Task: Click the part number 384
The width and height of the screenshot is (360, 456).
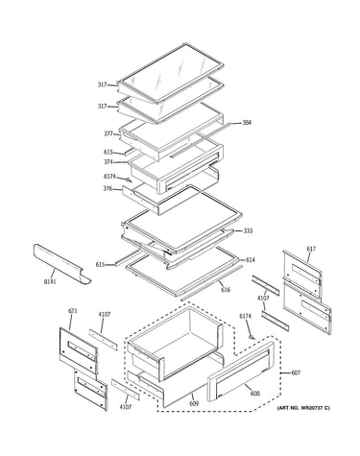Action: [247, 122]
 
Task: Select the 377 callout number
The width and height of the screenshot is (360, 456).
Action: [108, 133]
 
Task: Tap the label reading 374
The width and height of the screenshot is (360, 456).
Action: [108, 162]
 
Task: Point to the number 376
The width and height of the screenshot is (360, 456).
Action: [108, 189]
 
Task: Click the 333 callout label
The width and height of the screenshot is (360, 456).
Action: [248, 230]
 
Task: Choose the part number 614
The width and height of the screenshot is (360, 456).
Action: [251, 260]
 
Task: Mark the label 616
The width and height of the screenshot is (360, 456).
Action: [226, 290]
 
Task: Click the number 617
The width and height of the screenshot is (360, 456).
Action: [311, 249]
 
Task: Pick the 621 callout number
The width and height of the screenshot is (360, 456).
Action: [73, 311]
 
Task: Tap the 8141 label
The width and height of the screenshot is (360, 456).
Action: [50, 281]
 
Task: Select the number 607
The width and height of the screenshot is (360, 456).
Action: [296, 372]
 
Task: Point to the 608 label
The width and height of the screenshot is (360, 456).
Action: [255, 394]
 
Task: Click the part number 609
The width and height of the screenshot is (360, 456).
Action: [194, 403]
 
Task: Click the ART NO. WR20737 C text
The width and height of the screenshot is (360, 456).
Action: [303, 408]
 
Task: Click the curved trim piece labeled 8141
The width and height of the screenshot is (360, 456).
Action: [60, 264]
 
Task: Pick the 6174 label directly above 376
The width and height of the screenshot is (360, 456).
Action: [109, 176]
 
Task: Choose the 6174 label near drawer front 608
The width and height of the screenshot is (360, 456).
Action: [246, 316]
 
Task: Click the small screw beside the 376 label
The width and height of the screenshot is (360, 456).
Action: [129, 180]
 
